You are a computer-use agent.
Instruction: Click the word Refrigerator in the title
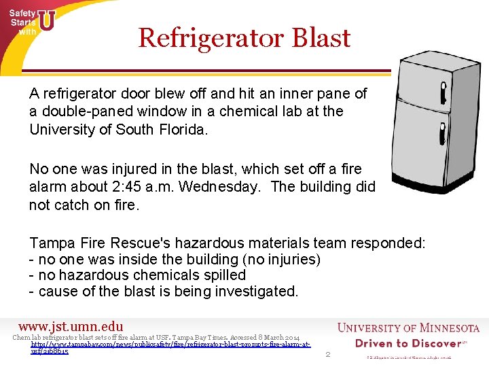coord(212,37)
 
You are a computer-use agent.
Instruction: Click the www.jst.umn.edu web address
coord(71,327)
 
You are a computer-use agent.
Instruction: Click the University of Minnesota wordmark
coord(407,328)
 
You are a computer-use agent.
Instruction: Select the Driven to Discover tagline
coord(407,343)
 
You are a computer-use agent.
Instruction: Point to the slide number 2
coord(328,354)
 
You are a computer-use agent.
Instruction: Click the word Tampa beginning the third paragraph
coord(52,243)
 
